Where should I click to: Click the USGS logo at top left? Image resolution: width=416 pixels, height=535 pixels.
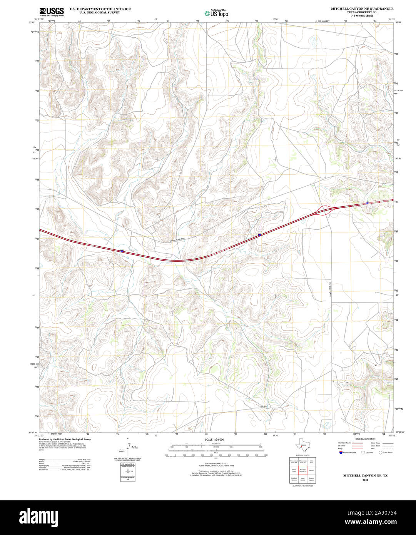[51, 12]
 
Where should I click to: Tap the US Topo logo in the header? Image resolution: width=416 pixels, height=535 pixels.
[216, 13]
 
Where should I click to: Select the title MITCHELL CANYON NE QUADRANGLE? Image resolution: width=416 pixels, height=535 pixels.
[362, 8]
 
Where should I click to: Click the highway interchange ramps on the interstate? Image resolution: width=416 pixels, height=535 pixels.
[325, 210]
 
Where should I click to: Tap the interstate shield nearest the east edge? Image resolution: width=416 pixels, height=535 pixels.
[368, 202]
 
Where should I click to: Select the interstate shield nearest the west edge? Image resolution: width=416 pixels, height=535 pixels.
[122, 251]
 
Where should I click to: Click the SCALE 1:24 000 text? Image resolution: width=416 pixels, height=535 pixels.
[214, 440]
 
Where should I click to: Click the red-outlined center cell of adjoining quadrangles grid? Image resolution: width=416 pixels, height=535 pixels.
[302, 470]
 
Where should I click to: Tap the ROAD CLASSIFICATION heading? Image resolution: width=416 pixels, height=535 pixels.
[365, 439]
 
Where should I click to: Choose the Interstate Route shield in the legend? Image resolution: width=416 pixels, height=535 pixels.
[340, 453]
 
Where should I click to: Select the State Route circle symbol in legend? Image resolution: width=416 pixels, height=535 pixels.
[380, 453]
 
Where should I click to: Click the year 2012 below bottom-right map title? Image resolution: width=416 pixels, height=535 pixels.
[360, 480]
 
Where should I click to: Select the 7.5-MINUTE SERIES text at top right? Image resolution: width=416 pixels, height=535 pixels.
[362, 15]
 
